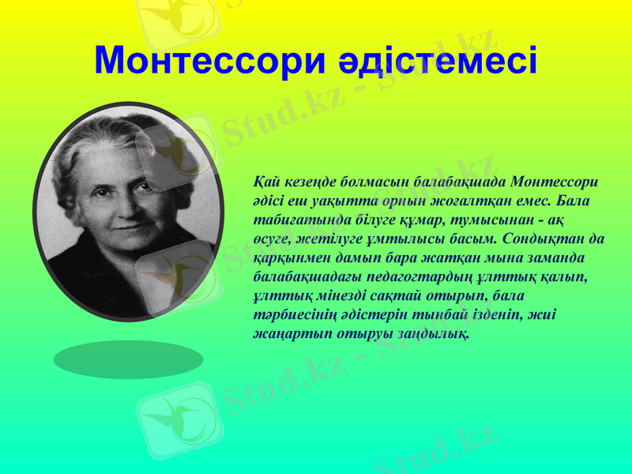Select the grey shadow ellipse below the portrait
click(128, 359)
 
